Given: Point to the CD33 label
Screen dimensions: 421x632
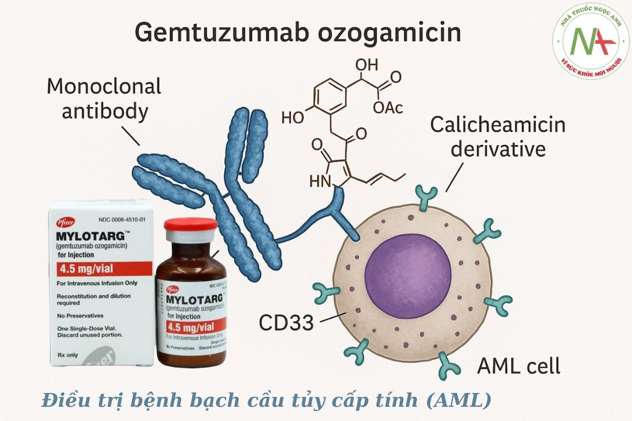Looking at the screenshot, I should [286, 323].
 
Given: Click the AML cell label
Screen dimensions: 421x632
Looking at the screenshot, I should [518, 366].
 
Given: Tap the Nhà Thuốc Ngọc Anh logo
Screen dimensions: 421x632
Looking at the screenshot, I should [590, 41].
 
